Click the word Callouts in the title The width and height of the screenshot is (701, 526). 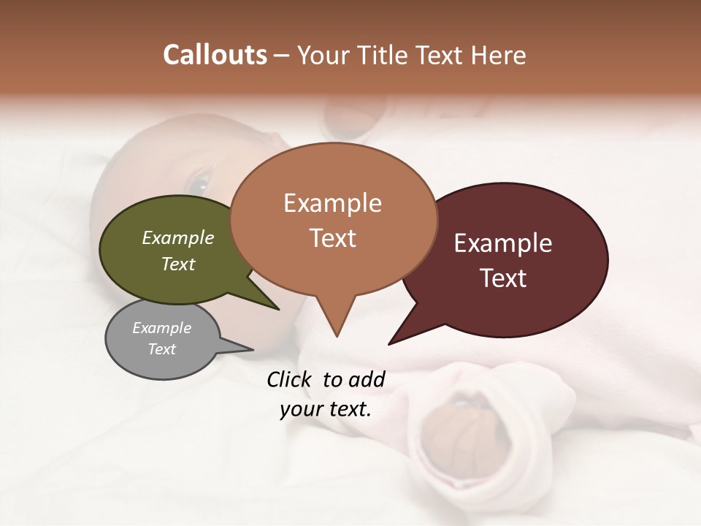click(215, 55)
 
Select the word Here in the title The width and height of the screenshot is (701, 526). click(498, 56)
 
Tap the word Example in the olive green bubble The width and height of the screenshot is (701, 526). click(177, 237)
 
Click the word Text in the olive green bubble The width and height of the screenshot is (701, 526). click(177, 264)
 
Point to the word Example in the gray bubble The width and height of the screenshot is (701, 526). click(161, 328)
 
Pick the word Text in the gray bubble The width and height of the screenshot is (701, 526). click(161, 349)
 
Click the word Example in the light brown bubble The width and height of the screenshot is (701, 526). click(332, 203)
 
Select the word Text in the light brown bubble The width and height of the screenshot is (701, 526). click(332, 237)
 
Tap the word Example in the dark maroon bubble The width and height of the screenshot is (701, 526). click(503, 243)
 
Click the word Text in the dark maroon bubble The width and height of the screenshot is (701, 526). click(503, 278)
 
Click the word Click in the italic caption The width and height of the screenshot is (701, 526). click(290, 379)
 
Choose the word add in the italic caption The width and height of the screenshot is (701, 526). click(367, 379)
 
